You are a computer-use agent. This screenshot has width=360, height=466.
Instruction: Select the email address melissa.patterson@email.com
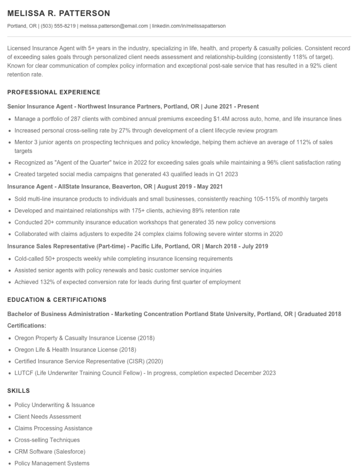coord(113,26)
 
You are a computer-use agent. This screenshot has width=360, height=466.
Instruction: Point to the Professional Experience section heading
coord(54,92)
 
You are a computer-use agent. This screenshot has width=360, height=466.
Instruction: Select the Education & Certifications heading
coord(57,300)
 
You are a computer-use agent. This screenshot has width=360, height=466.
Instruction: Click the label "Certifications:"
coord(27,325)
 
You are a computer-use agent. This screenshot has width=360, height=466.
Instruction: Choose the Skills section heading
coord(19,391)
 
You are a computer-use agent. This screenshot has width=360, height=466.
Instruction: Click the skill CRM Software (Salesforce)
coord(50,452)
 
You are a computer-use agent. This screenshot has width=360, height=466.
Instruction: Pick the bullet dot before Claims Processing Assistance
coord(10,428)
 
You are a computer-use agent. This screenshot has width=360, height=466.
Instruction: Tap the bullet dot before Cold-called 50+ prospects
coord(10,259)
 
